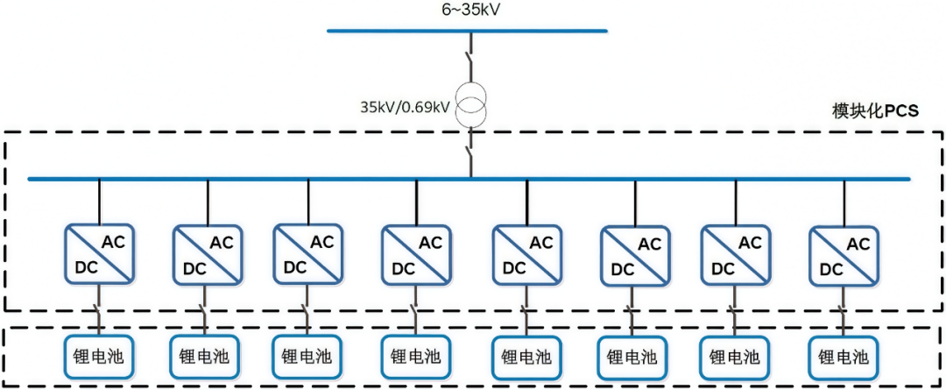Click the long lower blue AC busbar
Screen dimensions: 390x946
263,179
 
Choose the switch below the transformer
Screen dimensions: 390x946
471,149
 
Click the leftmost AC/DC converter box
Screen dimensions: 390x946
99,253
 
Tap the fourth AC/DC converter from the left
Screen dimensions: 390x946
417,253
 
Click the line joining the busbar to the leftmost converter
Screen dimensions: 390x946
99,202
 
